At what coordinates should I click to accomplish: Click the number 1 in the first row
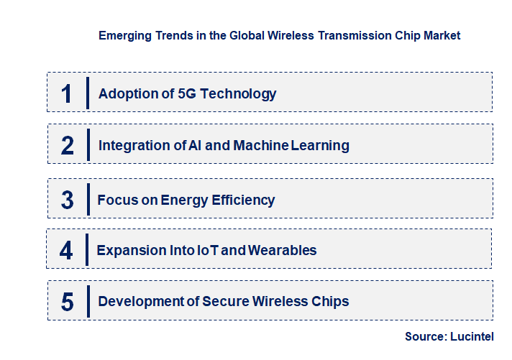point(67,94)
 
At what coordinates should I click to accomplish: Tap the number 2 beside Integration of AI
point(68,146)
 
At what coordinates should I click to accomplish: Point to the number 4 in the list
point(66,251)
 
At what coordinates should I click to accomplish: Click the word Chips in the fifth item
point(329,301)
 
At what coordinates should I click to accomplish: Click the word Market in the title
point(439,34)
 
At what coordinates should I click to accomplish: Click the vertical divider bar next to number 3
point(87,199)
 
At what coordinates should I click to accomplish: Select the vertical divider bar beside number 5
point(87,301)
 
